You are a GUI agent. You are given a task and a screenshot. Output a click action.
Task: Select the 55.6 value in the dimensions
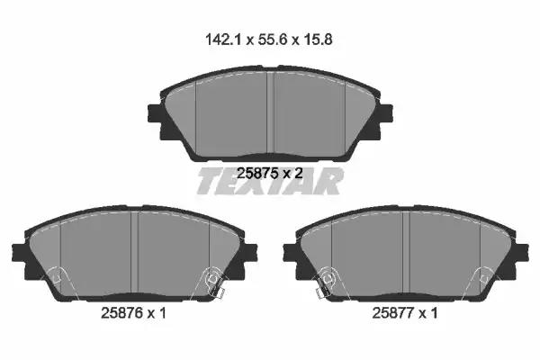tap(272, 40)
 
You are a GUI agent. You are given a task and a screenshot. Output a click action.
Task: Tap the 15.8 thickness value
tap(318, 40)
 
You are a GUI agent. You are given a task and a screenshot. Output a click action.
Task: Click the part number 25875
tap(257, 174)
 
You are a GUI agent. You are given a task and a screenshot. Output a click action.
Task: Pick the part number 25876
tap(121, 313)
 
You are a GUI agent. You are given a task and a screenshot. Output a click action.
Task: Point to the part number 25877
tap(393, 313)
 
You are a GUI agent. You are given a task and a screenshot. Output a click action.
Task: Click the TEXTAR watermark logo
tap(270, 181)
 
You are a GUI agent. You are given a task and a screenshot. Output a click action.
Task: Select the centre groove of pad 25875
tap(270, 113)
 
